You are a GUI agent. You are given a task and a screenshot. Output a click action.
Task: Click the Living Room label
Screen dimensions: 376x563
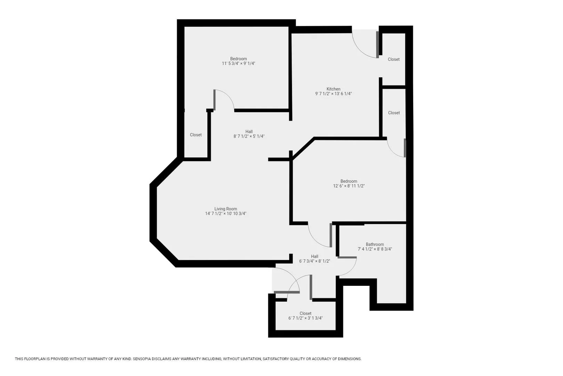pyautogui.click(x=226, y=209)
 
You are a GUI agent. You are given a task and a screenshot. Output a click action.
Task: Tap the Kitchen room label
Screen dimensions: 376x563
pyautogui.click(x=333, y=89)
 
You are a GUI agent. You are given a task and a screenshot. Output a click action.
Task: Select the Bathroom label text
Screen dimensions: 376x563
pyautogui.click(x=375, y=244)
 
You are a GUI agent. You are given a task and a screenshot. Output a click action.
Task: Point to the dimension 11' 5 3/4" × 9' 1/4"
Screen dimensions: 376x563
pyautogui.click(x=238, y=63)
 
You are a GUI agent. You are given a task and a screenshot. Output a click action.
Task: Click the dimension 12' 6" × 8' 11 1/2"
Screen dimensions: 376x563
pyautogui.click(x=349, y=186)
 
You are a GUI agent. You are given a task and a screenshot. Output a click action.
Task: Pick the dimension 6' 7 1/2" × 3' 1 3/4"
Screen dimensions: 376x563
pyautogui.click(x=305, y=318)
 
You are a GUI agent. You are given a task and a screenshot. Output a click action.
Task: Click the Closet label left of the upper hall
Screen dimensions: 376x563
pyautogui.click(x=196, y=135)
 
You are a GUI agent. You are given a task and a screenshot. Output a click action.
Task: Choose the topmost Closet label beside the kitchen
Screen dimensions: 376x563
pyautogui.click(x=393, y=59)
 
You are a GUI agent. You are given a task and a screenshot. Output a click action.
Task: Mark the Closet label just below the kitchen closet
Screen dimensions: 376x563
pyautogui.click(x=394, y=113)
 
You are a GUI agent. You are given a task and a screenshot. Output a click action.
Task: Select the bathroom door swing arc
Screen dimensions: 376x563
pyautogui.click(x=352, y=269)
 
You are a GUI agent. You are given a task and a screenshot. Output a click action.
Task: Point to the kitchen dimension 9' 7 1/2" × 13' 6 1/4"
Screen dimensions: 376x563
pyautogui.click(x=333, y=94)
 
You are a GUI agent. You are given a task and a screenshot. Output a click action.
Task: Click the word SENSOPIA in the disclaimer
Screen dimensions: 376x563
pyautogui.click(x=141, y=359)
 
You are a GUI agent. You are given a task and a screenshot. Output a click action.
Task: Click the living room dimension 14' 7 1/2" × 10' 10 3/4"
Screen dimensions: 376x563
pyautogui.click(x=226, y=214)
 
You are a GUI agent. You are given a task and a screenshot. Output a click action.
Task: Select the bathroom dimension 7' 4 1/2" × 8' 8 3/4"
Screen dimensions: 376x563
pyautogui.click(x=375, y=249)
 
